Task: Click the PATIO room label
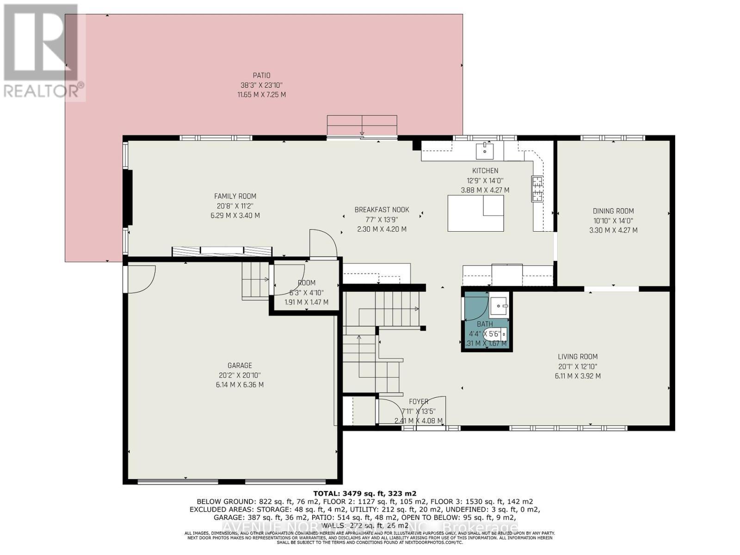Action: point(261,75)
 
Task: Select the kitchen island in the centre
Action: point(475,213)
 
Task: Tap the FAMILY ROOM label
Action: point(235,196)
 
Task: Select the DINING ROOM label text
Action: point(613,211)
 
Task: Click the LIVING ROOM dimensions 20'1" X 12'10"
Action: point(577,366)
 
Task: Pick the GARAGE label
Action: point(240,365)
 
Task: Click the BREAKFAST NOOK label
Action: point(382,210)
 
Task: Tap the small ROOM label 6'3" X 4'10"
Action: point(306,283)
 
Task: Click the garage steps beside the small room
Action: point(255,280)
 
